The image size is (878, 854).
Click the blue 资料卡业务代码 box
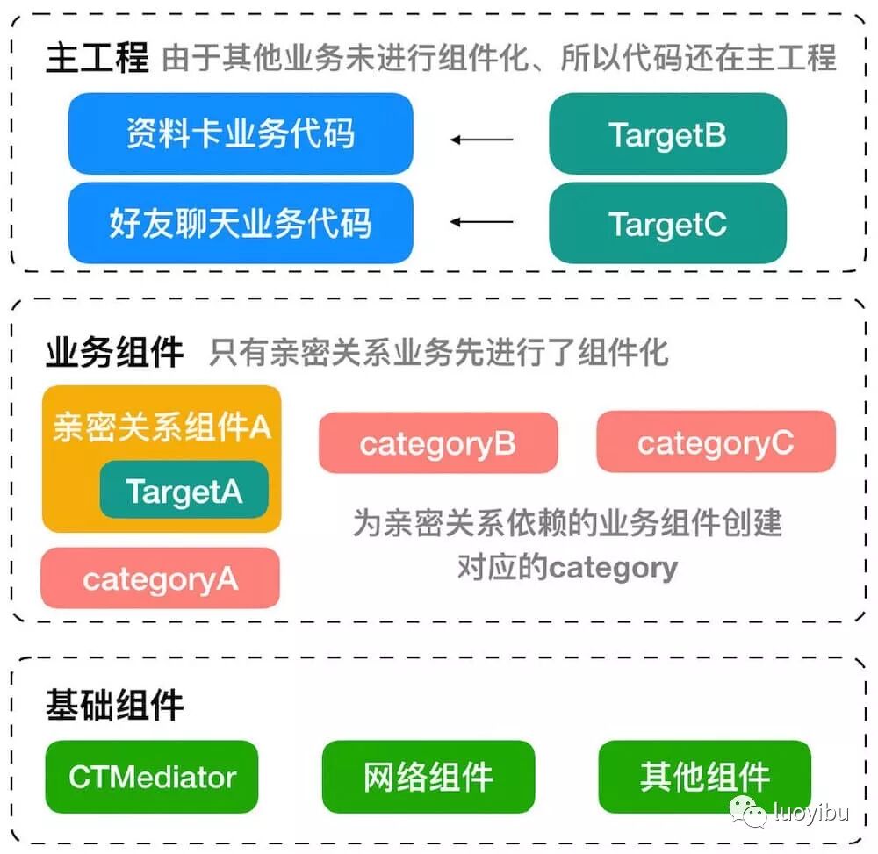click(x=240, y=134)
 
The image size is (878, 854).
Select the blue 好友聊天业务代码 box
click(x=240, y=223)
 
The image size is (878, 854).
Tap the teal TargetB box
click(x=667, y=134)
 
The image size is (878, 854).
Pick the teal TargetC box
click(x=667, y=224)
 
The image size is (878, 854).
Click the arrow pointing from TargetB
click(x=481, y=139)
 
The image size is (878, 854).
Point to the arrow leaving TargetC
click(x=481, y=222)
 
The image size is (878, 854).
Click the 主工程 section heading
click(x=97, y=58)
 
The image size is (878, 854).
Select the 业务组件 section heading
click(x=114, y=352)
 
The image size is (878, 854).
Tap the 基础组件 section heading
click(x=114, y=704)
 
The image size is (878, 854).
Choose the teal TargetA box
click(x=184, y=490)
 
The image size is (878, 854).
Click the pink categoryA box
click(x=160, y=578)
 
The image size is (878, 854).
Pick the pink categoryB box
click(x=437, y=443)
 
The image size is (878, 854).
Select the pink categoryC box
click(x=715, y=443)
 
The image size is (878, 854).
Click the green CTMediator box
click(x=152, y=777)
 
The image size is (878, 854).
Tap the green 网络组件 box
click(x=428, y=777)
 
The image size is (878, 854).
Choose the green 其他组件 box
click(x=704, y=777)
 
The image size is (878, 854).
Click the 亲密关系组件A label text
click(x=162, y=427)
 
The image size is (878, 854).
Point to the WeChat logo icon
click(x=749, y=812)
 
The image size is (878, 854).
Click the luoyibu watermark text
click(x=810, y=813)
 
